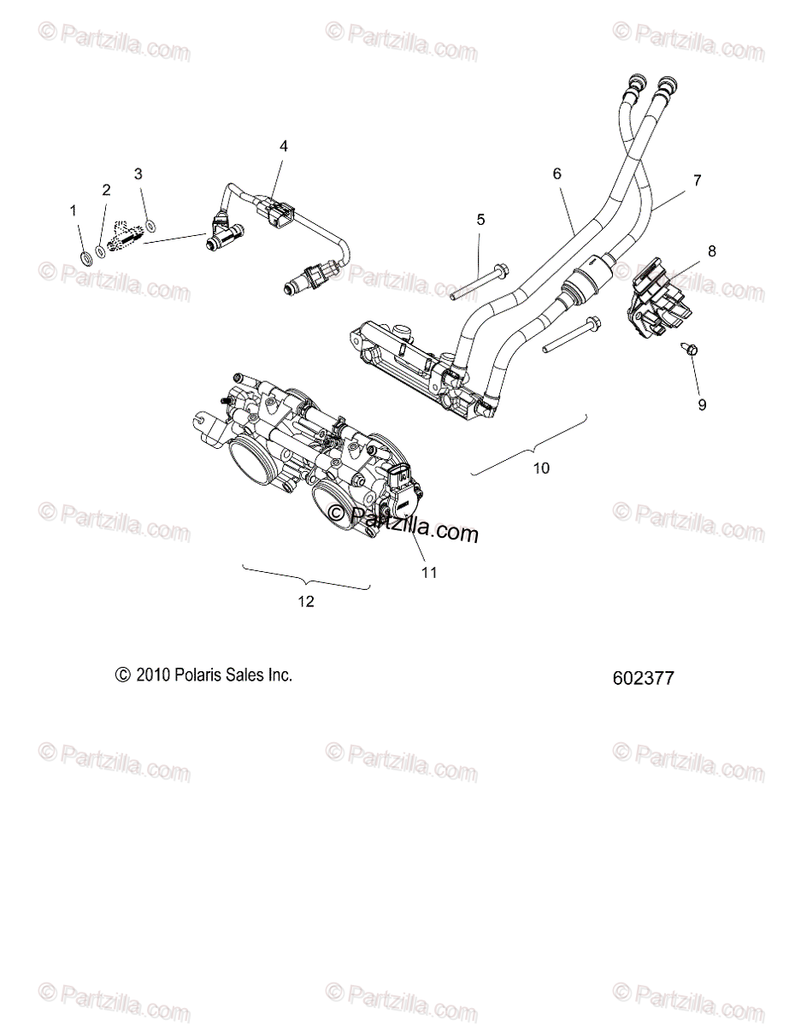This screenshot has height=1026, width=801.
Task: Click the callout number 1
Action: coord(73,209)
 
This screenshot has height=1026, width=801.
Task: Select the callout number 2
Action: coord(106,190)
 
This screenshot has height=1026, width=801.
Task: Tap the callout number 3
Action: coord(138,174)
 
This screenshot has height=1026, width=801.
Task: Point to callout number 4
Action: coord(283,146)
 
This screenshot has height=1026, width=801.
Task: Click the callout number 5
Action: coord(480,220)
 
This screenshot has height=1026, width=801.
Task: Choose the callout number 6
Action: coord(557,174)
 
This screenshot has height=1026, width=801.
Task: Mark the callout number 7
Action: coord(697,180)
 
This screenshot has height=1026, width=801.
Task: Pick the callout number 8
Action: coord(712,251)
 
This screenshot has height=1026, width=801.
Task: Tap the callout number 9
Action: coord(702,405)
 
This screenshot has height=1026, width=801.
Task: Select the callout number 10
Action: coord(542,468)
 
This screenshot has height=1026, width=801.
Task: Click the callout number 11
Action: coord(429,572)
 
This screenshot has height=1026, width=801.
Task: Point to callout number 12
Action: coord(306,601)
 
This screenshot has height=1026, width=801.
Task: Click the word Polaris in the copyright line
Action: coord(198,675)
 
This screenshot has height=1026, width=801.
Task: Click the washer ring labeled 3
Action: coord(150,226)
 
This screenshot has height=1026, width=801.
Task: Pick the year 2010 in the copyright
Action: coord(151,675)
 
